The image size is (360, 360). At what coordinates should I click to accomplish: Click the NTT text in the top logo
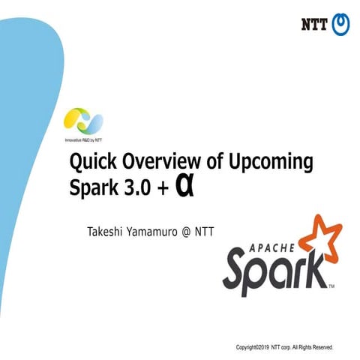point(316,23)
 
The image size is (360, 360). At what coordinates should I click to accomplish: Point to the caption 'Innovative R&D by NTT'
point(79,139)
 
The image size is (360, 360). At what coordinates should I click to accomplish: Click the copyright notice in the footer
point(289,348)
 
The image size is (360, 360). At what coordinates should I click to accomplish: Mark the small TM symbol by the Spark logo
point(332,289)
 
